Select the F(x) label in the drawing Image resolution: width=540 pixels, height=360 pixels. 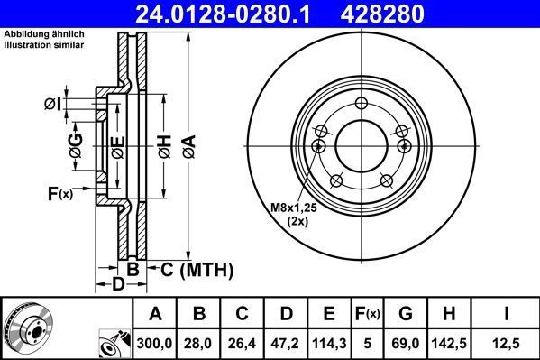coord(59,192)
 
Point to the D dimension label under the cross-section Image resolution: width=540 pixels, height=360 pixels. coord(117,285)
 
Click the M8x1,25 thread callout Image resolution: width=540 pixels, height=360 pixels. coord(297,208)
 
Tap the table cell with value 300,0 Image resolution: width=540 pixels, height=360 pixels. coord(155,342)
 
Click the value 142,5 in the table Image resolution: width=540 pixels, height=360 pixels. coord(448,342)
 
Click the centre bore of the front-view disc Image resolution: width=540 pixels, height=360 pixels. coord(359,143)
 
